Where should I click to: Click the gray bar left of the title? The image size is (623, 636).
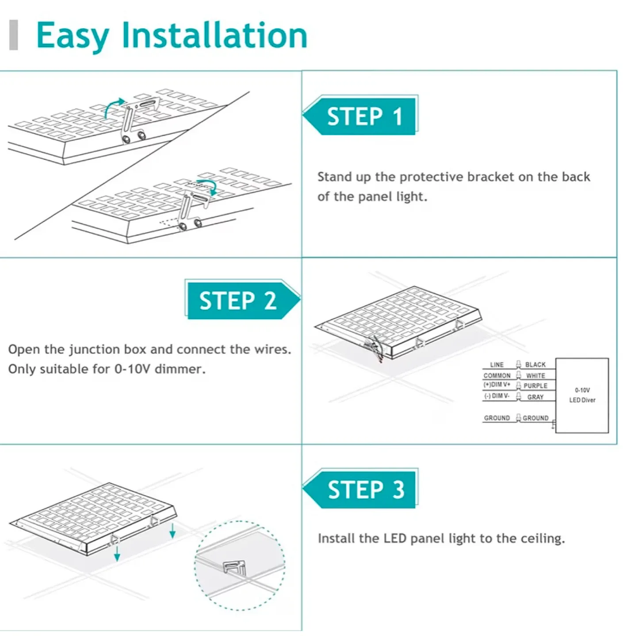click(x=14, y=35)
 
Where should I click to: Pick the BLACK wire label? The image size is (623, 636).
click(x=535, y=365)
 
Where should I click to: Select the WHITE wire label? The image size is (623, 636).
click(x=535, y=376)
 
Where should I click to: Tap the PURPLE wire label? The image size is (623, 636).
click(x=535, y=386)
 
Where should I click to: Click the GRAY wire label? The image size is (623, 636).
click(x=535, y=397)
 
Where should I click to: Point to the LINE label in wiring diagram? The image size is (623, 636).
click(x=497, y=365)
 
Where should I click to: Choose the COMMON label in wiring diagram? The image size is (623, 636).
click(x=497, y=376)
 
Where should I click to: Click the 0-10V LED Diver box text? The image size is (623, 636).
click(x=582, y=395)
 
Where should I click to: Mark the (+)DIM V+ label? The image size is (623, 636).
click(x=497, y=385)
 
